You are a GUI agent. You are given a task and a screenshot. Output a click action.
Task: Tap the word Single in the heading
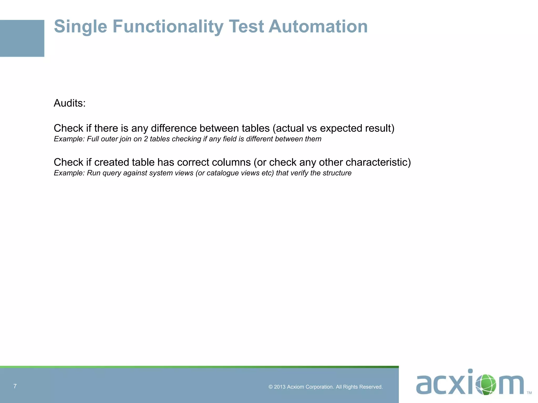click(80, 26)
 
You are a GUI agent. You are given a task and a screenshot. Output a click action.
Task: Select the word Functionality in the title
click(168, 26)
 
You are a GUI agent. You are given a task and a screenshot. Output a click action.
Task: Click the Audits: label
click(70, 103)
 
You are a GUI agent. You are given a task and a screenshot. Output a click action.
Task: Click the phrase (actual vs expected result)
click(333, 128)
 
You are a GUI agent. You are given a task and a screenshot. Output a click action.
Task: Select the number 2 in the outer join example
click(146, 139)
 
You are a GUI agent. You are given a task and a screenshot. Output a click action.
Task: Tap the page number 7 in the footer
click(15, 386)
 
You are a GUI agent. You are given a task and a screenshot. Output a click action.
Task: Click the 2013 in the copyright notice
click(280, 387)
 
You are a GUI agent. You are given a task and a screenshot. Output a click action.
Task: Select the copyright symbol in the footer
click(271, 387)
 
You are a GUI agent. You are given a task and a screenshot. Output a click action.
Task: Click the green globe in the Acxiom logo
click(486, 385)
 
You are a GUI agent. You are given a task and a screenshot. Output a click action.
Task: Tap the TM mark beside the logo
click(529, 393)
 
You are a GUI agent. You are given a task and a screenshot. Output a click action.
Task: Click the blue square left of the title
click(22, 38)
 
